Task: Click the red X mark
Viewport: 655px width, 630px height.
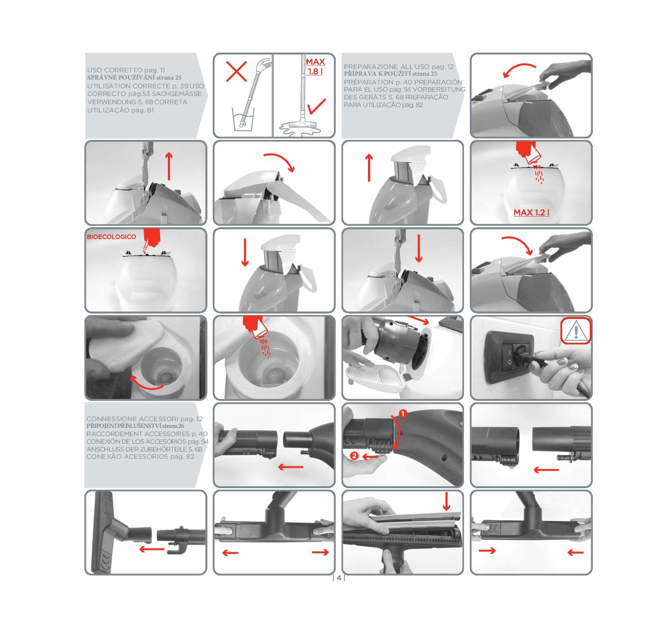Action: [236, 71]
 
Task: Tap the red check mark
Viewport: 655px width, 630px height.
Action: [316, 107]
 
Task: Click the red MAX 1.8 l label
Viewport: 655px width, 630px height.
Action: [315, 67]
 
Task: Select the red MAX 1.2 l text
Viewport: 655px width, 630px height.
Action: [531, 212]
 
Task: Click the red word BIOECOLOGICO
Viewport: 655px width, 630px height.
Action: [111, 237]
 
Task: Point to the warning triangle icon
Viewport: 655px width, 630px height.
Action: [575, 330]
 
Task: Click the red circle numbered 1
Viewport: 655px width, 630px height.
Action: [403, 413]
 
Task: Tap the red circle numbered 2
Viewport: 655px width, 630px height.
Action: [354, 456]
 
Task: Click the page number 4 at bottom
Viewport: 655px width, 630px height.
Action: [339, 578]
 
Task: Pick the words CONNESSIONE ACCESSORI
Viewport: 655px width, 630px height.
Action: [132, 419]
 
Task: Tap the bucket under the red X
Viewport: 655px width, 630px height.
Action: [243, 119]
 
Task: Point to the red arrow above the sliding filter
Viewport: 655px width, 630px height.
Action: [446, 501]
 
